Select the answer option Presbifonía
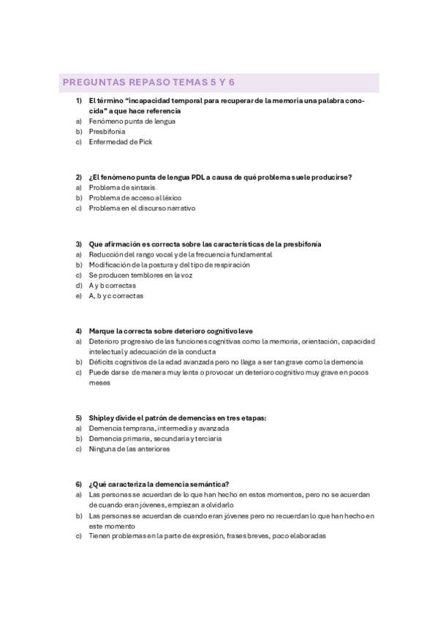(107, 132)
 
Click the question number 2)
(78, 177)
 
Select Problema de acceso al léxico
(135, 197)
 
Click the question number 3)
(78, 244)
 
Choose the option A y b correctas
(112, 286)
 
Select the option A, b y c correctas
(116, 296)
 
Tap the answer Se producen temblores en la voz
(140, 275)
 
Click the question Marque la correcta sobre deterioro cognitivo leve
(170, 331)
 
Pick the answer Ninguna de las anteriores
(129, 449)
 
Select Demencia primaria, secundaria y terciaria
(155, 439)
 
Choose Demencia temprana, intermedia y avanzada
(159, 428)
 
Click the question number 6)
(78, 484)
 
